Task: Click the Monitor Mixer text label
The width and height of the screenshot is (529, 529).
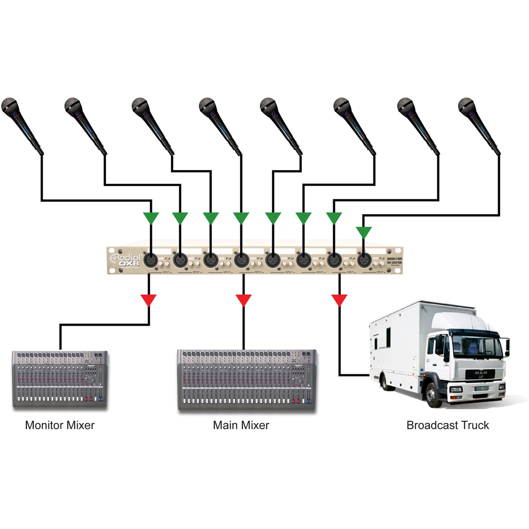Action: coord(60,425)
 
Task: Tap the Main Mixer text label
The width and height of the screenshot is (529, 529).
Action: coord(241,425)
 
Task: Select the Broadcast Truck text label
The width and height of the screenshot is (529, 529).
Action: coord(448,425)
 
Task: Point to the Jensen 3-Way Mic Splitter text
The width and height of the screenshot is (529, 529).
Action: coord(394,261)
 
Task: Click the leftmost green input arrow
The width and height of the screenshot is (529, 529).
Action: coord(151,218)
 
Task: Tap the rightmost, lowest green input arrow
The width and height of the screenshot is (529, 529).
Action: coord(364,232)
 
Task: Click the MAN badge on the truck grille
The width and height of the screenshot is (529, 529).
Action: coord(481,373)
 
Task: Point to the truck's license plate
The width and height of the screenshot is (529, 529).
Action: coord(482,389)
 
